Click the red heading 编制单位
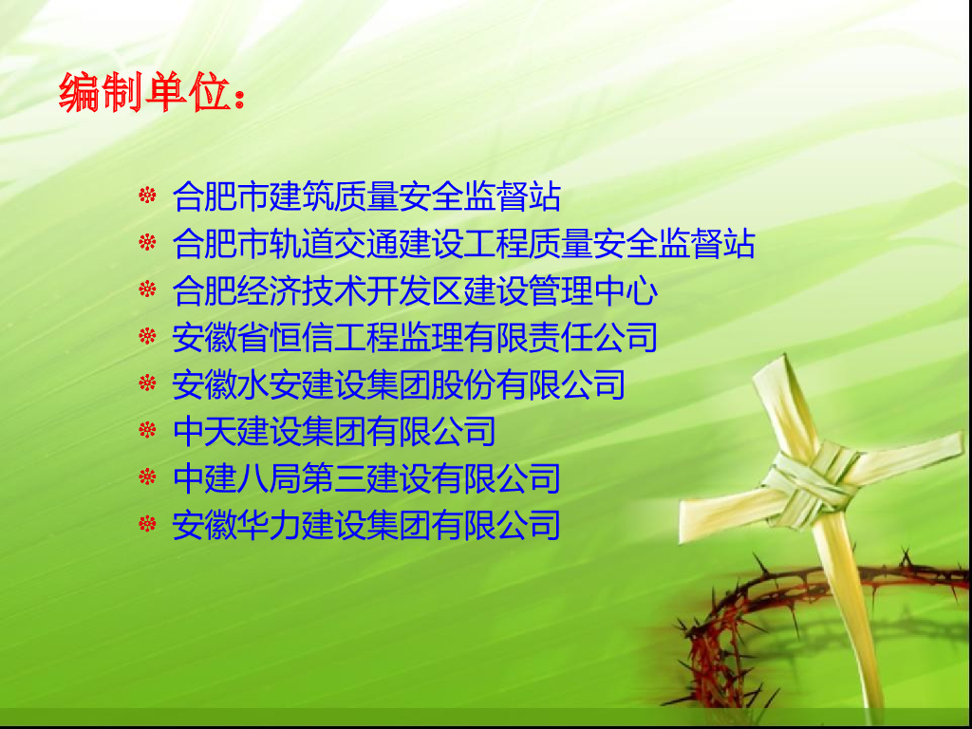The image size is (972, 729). coord(145,92)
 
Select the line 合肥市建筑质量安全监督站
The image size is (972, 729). coord(366,196)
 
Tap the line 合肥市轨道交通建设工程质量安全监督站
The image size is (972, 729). coord(463,243)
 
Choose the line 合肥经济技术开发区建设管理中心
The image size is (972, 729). coord(415,290)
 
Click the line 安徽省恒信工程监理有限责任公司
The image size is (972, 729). coord(415,337)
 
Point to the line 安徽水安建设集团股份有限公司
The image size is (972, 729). coord(399,384)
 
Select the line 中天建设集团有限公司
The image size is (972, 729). coord(334,431)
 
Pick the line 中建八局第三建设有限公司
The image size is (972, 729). coord(366,478)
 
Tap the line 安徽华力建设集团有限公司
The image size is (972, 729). coord(366,525)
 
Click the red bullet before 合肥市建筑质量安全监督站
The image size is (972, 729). coord(147,195)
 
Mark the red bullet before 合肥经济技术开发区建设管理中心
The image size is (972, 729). coord(147,289)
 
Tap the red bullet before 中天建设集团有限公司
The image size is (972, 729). coord(147,430)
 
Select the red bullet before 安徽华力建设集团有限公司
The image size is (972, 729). coord(147,524)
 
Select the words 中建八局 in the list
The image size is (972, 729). coord(236,478)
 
